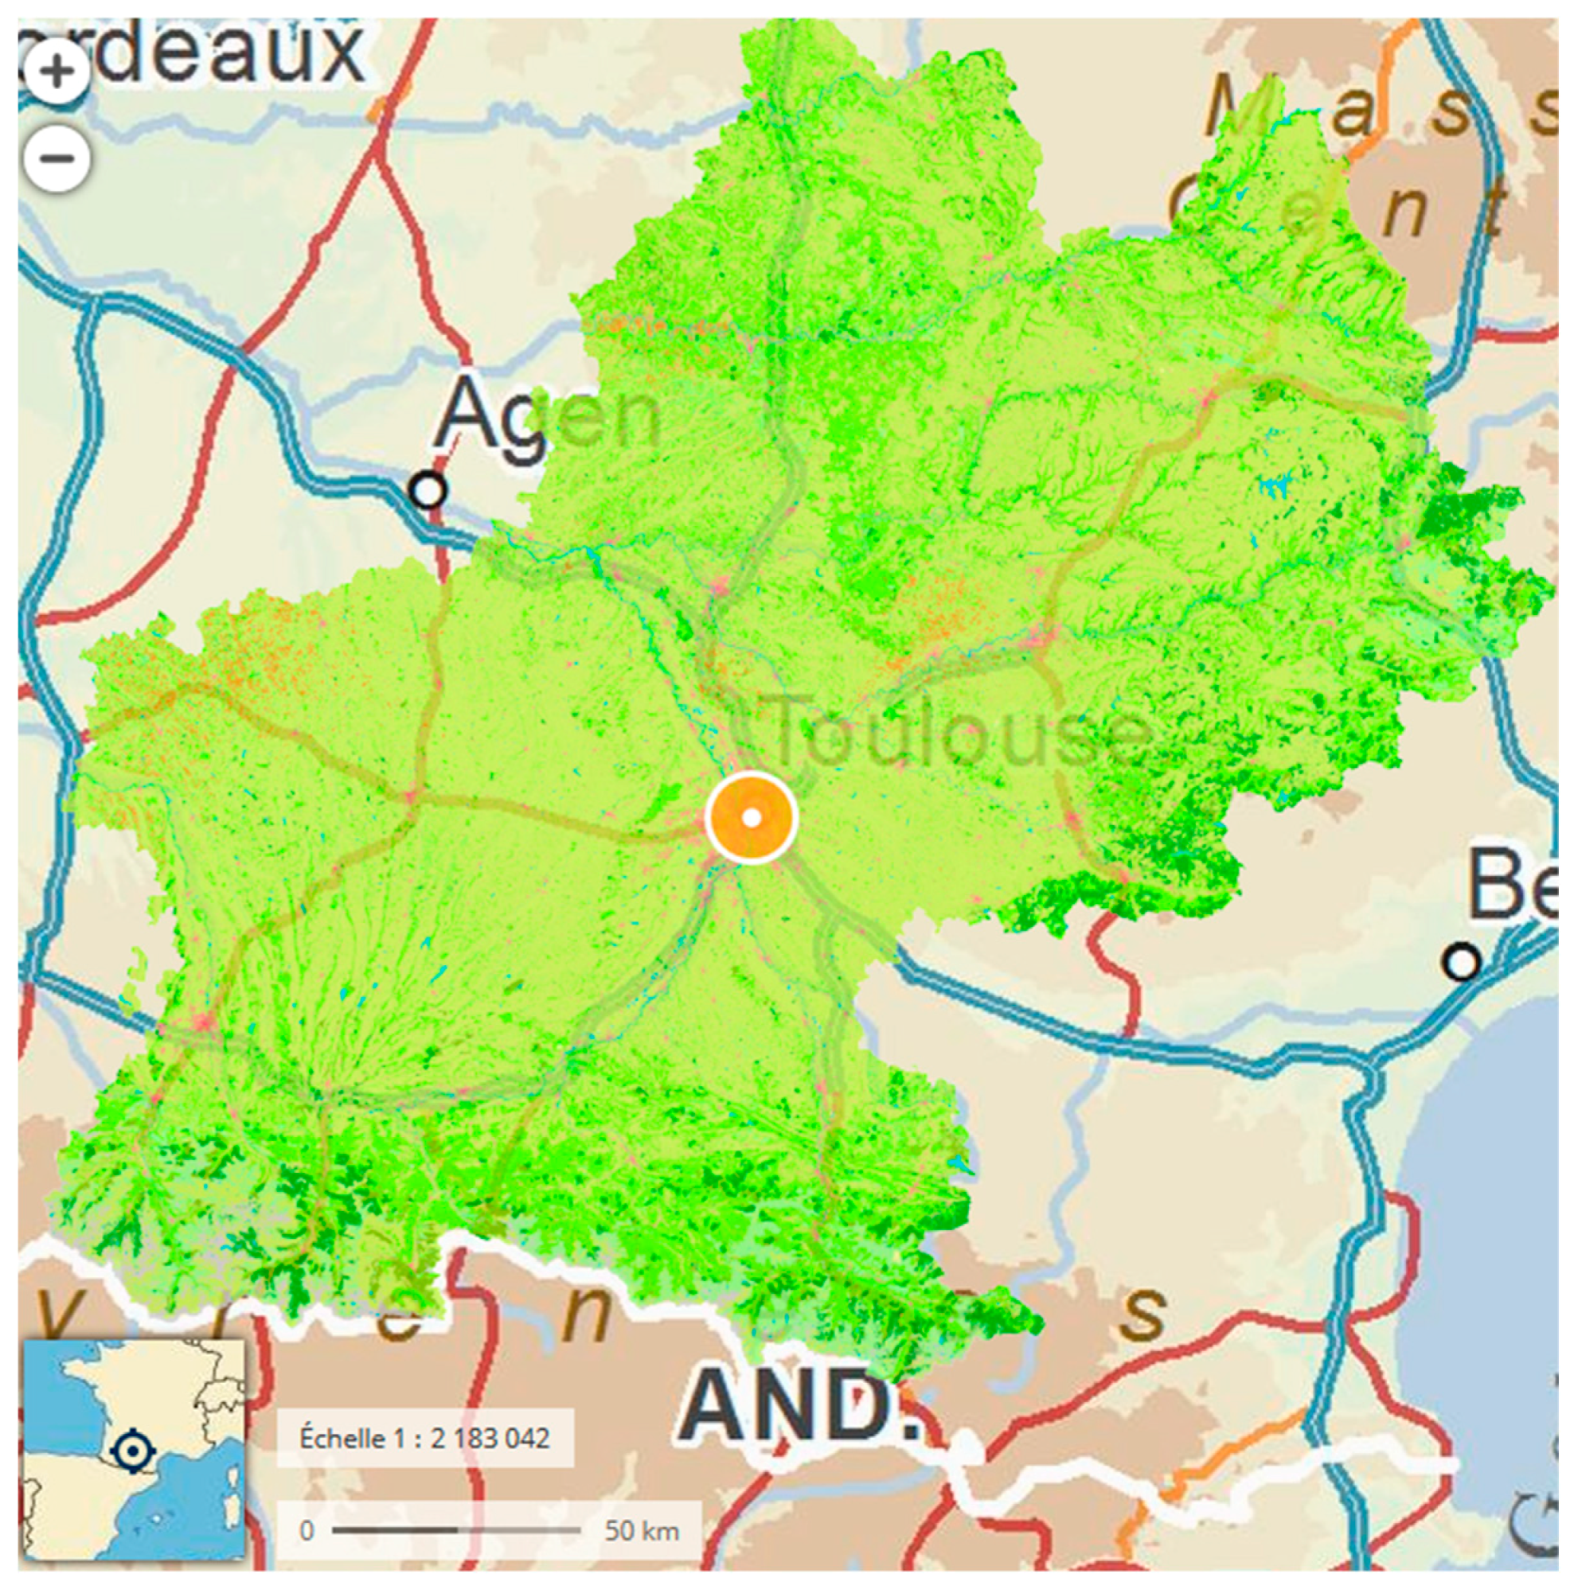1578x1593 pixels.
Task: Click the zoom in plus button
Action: pyautogui.click(x=56, y=71)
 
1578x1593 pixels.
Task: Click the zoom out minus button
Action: pyautogui.click(x=56, y=158)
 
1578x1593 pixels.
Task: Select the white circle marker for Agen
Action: pyautogui.click(x=428, y=490)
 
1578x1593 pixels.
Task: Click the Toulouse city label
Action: pyautogui.click(x=961, y=731)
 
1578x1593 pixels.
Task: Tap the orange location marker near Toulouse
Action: pyautogui.click(x=751, y=818)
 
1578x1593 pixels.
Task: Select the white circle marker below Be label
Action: pyautogui.click(x=1461, y=961)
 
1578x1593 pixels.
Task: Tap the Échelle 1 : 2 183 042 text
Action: pyautogui.click(x=424, y=1439)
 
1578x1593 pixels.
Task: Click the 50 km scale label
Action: pyautogui.click(x=642, y=1531)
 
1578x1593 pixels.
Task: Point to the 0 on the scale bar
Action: pyautogui.click(x=307, y=1531)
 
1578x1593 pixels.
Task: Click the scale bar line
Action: pyautogui.click(x=456, y=1530)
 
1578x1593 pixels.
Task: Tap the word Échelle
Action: pyautogui.click(x=342, y=1439)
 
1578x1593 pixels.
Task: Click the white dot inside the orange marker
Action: pyautogui.click(x=751, y=818)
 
